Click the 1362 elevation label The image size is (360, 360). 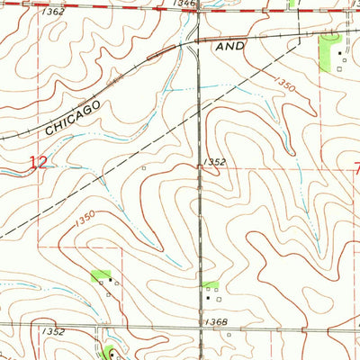pyautogui.click(x=53, y=12)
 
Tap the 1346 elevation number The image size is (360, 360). pyautogui.click(x=185, y=4)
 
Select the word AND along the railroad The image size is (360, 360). pyautogui.click(x=231, y=45)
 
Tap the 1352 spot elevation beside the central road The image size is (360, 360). pyautogui.click(x=214, y=162)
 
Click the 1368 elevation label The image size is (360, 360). pyautogui.click(x=215, y=321)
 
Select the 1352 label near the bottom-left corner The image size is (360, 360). pyautogui.click(x=52, y=331)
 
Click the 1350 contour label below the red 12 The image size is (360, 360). pyautogui.click(x=85, y=217)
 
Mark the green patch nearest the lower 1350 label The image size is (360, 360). pyautogui.click(x=101, y=274)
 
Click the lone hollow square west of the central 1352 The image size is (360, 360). pyautogui.click(x=144, y=167)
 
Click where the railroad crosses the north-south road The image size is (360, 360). pyautogui.click(x=199, y=41)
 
